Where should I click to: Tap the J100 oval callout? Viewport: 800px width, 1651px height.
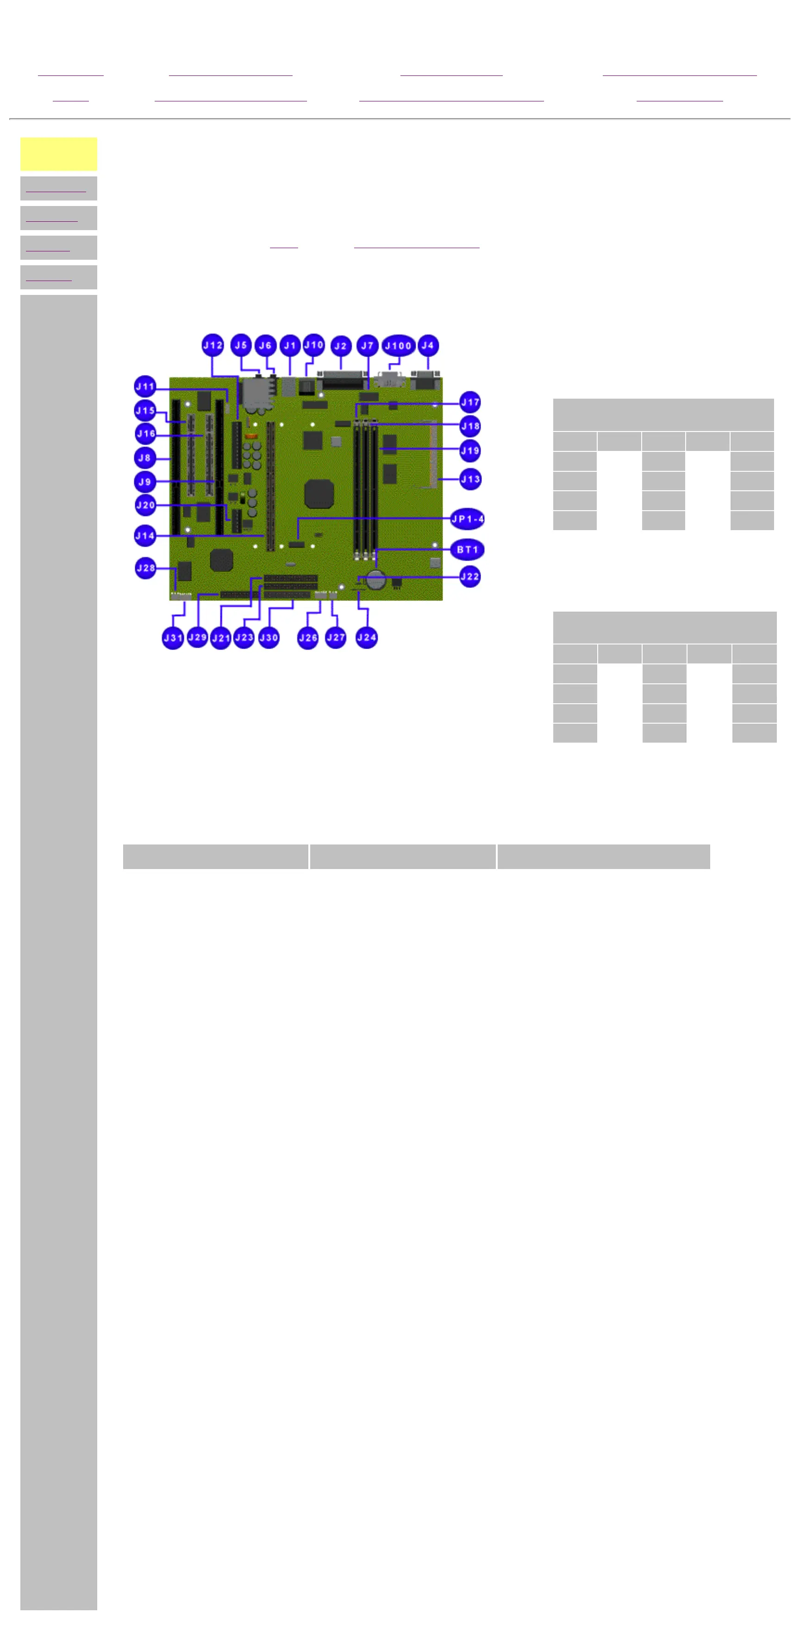398,345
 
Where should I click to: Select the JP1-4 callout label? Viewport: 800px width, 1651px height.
467,519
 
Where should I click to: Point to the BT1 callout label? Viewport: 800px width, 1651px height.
467,549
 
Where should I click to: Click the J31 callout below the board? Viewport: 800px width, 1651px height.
172,638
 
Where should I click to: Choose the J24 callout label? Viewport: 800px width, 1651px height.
367,637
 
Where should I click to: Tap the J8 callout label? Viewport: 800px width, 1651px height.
145,457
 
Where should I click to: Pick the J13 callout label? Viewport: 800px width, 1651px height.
470,479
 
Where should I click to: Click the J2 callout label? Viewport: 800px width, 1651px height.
340,345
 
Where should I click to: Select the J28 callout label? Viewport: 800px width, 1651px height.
145,568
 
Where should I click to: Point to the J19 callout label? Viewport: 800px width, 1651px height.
470,450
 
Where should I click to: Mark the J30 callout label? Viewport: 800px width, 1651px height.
269,638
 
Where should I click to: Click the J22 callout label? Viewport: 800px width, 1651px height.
470,576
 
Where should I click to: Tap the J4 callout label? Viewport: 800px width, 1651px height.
428,345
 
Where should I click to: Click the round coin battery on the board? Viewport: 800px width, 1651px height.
375,579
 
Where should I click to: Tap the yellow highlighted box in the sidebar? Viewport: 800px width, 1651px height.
58,154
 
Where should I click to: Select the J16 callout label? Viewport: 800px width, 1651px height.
145,434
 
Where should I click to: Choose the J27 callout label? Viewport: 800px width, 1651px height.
335,638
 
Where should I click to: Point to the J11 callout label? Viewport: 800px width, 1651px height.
145,387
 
